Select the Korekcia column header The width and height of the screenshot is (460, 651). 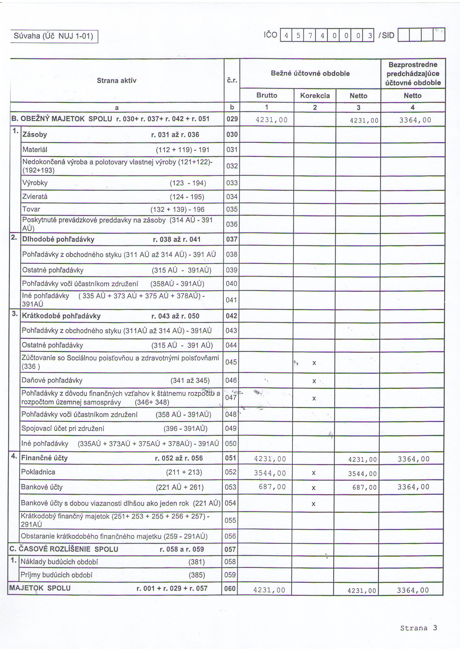[x=315, y=96]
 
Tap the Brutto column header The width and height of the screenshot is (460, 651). [x=267, y=95]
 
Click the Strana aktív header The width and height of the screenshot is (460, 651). [x=116, y=81]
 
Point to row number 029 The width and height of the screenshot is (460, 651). [x=232, y=119]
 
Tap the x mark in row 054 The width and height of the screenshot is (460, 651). [x=313, y=504]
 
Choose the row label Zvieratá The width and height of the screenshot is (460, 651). [x=35, y=197]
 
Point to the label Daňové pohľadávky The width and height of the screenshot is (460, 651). [x=52, y=380]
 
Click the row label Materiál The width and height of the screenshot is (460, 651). [x=35, y=149]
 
